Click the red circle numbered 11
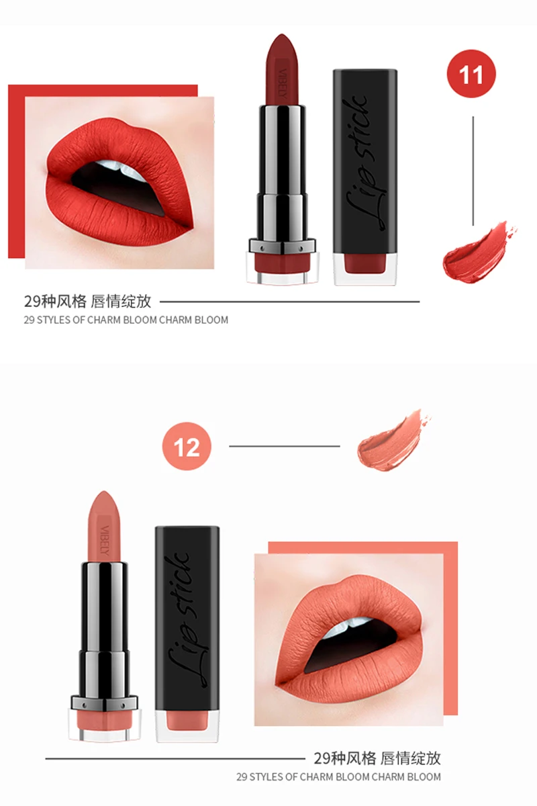click(x=471, y=74)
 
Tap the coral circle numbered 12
click(x=187, y=446)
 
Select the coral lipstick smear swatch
click(x=393, y=441)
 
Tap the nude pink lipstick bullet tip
click(x=103, y=497)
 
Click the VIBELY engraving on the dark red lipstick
click(x=283, y=83)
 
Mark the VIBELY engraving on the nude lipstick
click(x=105, y=540)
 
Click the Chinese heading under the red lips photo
click(x=87, y=301)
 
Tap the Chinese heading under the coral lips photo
click(x=377, y=758)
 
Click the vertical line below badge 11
click(x=473, y=171)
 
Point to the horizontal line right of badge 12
click(x=285, y=446)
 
